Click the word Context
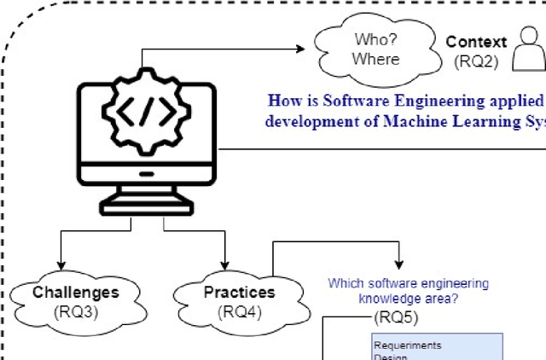[x=476, y=42]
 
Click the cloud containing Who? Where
[x=376, y=49]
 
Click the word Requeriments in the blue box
[x=407, y=345]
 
